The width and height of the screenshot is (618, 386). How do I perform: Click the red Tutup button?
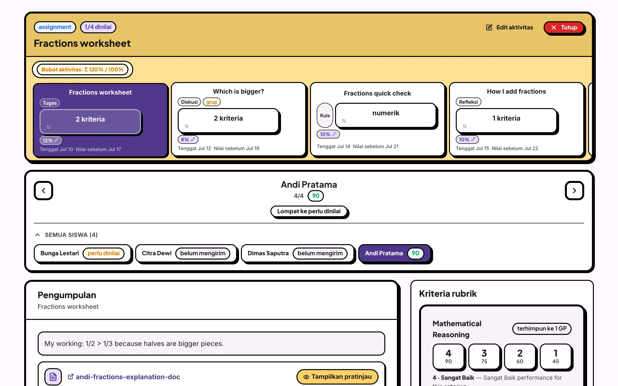pyautogui.click(x=564, y=28)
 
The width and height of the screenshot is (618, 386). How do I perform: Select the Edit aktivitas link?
pyautogui.click(x=509, y=28)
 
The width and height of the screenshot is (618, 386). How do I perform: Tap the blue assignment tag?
pyautogui.click(x=55, y=27)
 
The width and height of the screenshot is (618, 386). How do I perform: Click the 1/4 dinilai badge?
pyautogui.click(x=98, y=27)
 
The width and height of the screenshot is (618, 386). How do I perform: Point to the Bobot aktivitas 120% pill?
pyautogui.click(x=82, y=69)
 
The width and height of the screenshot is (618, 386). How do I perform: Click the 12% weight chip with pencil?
pyautogui.click(x=50, y=140)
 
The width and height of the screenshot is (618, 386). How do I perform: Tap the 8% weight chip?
pyautogui.click(x=188, y=139)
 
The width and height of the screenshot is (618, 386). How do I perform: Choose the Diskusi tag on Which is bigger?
pyautogui.click(x=189, y=102)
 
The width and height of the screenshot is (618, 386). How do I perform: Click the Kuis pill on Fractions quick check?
pyautogui.click(x=325, y=115)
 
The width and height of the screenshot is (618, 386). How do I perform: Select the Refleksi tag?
pyautogui.click(x=468, y=102)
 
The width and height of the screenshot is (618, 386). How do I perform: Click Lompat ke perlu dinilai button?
pyautogui.click(x=309, y=211)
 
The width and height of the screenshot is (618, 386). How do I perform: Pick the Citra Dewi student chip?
pyautogui.click(x=186, y=253)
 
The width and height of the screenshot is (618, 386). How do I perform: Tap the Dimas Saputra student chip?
pyautogui.click(x=297, y=253)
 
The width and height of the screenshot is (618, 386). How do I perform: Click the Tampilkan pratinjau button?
pyautogui.click(x=337, y=377)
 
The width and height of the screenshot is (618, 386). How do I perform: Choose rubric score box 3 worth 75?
pyautogui.click(x=484, y=356)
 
